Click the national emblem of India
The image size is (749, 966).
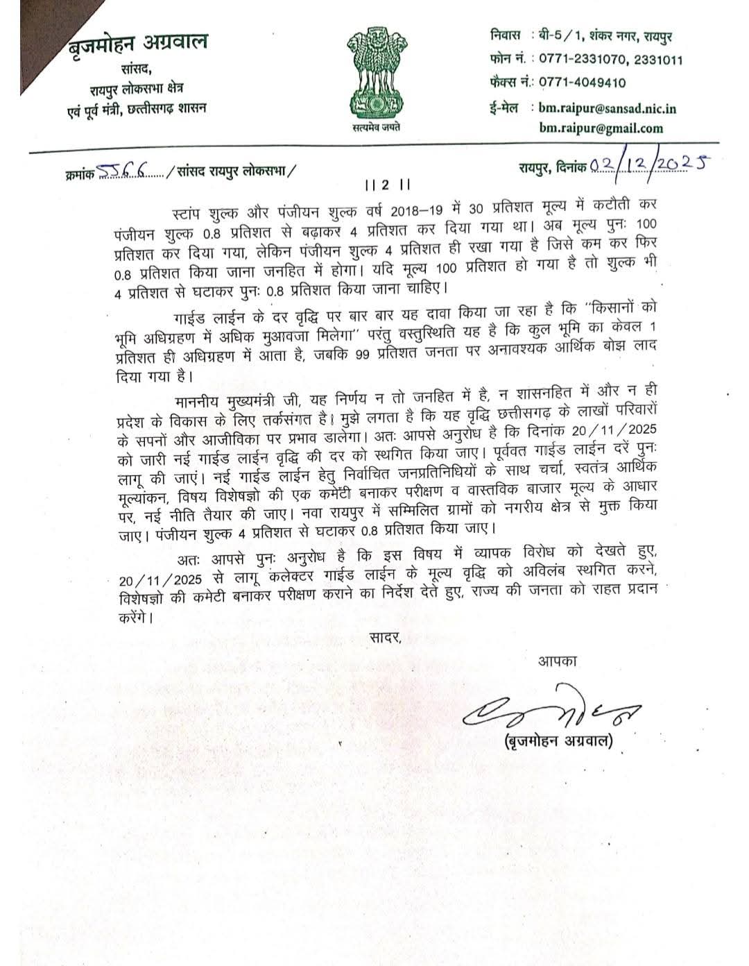pos(375,72)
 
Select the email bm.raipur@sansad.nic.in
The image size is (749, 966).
pos(607,108)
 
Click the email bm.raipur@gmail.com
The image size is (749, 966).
pos(601,128)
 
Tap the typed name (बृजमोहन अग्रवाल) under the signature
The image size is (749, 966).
pos(558,741)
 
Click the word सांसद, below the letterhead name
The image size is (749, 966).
pos(136,69)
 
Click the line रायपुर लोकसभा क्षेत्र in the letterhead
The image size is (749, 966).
pos(136,89)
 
